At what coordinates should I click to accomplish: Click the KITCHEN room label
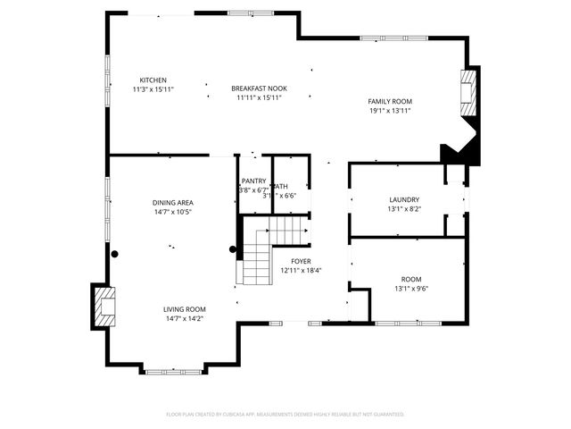(153, 80)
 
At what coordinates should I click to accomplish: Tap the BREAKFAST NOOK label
(259, 88)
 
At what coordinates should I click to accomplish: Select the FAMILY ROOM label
(391, 102)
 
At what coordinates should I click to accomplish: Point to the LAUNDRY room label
(404, 199)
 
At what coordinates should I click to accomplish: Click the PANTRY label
(253, 181)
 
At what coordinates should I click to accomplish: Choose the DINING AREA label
(172, 203)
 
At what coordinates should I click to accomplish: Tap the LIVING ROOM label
(185, 309)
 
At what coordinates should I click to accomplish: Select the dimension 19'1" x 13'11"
(391, 112)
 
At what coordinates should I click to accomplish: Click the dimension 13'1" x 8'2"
(404, 209)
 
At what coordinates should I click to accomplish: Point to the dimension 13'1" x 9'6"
(411, 289)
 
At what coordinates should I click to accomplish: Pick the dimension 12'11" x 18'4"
(301, 270)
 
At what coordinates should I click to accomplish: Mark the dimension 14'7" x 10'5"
(172, 213)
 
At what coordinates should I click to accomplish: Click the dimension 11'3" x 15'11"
(153, 89)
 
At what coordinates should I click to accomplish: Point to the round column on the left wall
(114, 254)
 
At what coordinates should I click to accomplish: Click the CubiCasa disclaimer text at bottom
(285, 415)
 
